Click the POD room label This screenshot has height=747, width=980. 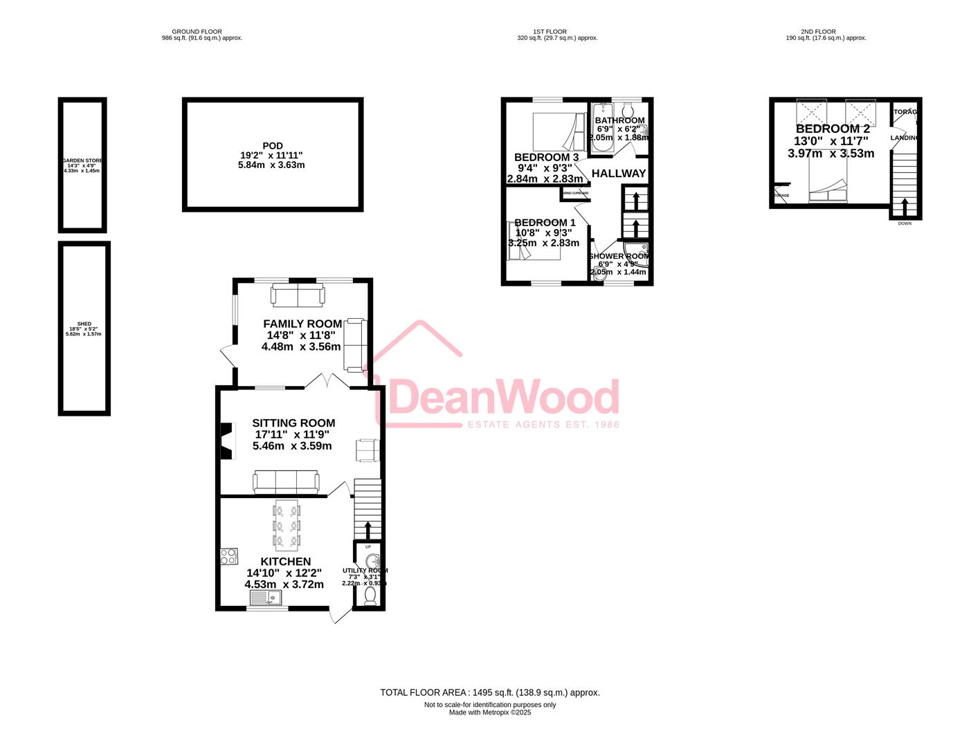click(x=273, y=146)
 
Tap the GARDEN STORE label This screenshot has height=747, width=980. click(x=82, y=160)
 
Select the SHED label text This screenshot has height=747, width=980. click(x=84, y=324)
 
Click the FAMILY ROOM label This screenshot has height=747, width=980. click(x=302, y=324)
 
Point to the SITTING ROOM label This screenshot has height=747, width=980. click(x=293, y=423)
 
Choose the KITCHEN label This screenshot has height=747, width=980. click(x=285, y=562)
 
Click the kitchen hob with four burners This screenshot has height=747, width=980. click(x=229, y=556)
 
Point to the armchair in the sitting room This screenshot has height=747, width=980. click(x=367, y=450)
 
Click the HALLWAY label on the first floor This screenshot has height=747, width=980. click(x=619, y=174)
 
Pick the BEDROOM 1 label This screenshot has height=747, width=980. click(x=545, y=223)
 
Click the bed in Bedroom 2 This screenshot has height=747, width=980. click(x=828, y=183)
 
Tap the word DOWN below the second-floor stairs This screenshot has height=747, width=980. click(x=905, y=223)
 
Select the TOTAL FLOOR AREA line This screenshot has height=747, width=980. click(x=489, y=692)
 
